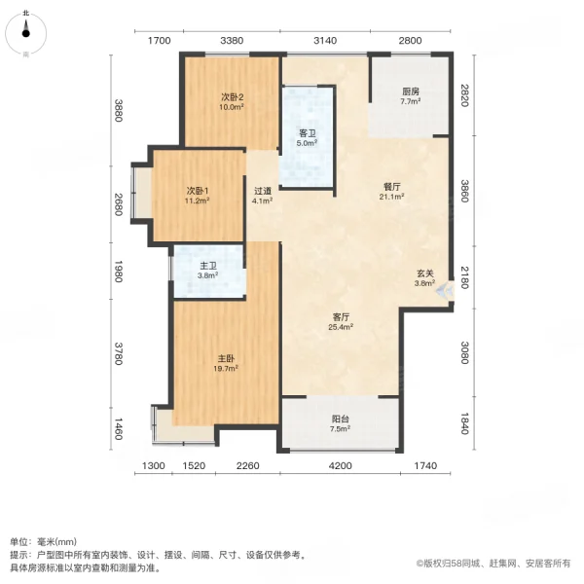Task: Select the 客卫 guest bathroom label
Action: click(306, 133)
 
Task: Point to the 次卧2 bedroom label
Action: click(231, 96)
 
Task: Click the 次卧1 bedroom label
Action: click(199, 190)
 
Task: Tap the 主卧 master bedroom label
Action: click(225, 358)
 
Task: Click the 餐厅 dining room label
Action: click(390, 184)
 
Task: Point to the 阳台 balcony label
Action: click(339, 420)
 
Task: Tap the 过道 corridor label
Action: click(262, 191)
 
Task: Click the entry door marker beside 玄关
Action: click(447, 289)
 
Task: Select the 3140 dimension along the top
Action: click(325, 40)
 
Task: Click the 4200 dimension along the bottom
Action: click(339, 467)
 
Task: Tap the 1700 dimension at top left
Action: click(160, 40)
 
